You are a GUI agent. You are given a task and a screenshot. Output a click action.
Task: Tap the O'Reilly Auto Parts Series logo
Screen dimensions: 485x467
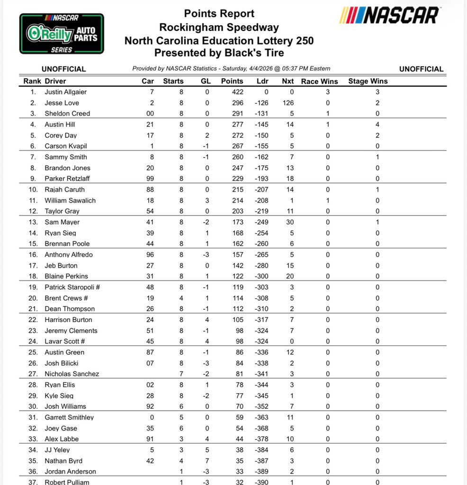click(x=62, y=33)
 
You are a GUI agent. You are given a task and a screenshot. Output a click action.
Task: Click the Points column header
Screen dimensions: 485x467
click(x=232, y=81)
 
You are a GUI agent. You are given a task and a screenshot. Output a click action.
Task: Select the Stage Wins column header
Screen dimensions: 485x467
click(x=368, y=81)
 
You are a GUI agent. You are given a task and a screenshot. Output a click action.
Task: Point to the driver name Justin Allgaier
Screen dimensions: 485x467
click(x=66, y=92)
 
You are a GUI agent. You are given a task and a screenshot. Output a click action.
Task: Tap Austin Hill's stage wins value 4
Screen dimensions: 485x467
click(x=377, y=125)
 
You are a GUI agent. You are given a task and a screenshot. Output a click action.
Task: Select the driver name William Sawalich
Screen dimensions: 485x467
click(x=70, y=200)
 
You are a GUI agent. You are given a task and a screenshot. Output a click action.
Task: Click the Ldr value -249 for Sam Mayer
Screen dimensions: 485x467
click(x=261, y=222)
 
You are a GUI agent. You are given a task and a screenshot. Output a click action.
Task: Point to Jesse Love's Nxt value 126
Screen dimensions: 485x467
click(x=287, y=103)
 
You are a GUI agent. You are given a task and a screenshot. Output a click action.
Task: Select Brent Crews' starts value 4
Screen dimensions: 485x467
click(x=180, y=298)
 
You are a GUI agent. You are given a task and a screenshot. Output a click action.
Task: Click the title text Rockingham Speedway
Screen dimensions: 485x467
click(x=219, y=27)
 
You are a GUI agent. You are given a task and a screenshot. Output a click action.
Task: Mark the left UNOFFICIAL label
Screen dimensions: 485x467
click(x=64, y=69)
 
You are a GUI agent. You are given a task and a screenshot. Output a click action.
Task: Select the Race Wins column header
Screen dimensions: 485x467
click(x=320, y=81)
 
